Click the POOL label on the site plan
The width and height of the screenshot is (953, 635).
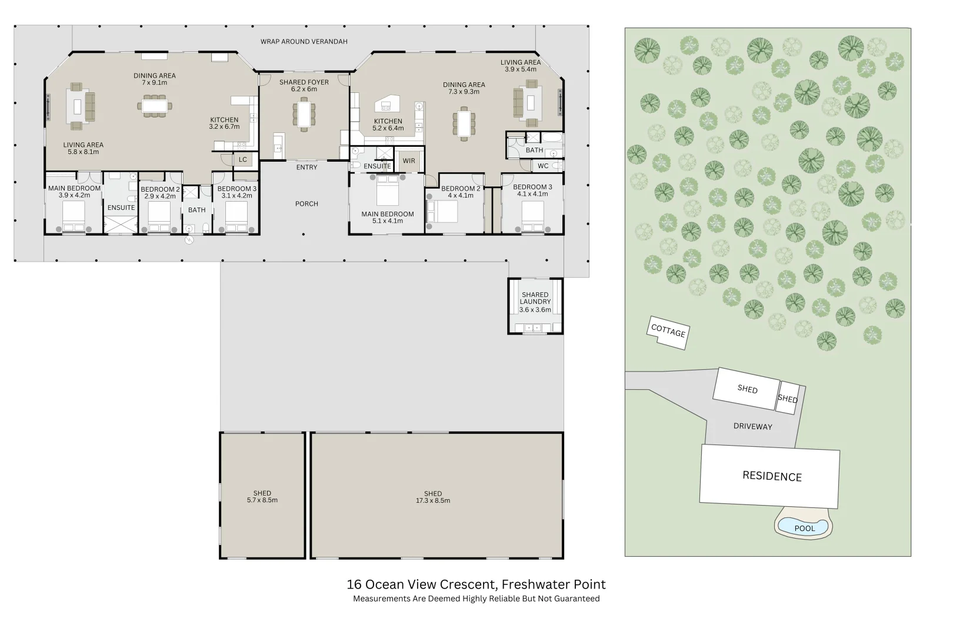point(805,528)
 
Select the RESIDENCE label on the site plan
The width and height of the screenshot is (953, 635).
point(772,476)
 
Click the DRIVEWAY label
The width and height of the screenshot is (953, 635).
point(752,426)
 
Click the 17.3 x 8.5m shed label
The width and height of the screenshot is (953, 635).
point(433,497)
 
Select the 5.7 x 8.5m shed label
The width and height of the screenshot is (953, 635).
point(262,497)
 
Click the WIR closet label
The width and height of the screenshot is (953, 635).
point(409,161)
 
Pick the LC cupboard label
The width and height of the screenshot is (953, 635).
point(243,159)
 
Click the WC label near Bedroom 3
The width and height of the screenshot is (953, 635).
point(543,166)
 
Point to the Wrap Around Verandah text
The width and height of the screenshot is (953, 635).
point(304,42)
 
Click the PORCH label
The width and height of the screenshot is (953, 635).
point(306,204)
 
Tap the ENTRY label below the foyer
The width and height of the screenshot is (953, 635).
point(306,168)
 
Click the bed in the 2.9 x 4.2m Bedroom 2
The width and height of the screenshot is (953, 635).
point(159,218)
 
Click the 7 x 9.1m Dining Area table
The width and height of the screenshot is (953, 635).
point(155,106)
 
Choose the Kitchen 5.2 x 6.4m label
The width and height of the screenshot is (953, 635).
point(388,125)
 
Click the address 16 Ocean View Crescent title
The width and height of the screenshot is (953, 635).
point(476,584)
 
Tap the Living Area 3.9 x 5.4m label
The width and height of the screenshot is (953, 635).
point(521,65)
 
